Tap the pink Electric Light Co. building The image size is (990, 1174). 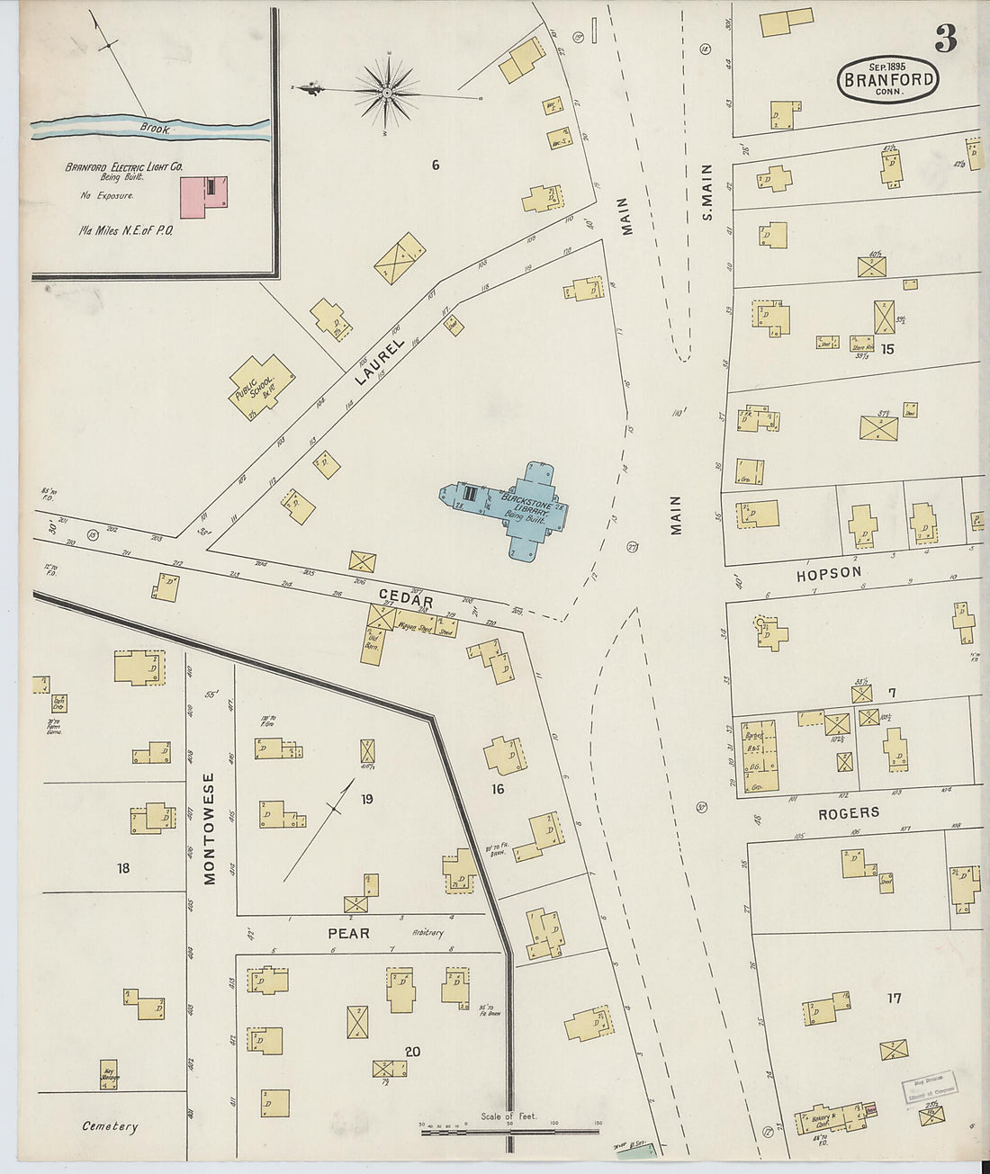coord(203,196)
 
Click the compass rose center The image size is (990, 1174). coord(387,91)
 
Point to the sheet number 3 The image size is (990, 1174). coord(945,38)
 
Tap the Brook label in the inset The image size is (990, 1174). coord(155,130)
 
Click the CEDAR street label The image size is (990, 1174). coord(405,600)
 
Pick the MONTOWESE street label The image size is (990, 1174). coord(210,829)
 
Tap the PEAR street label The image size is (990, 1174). coord(348,933)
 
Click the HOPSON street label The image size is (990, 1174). coord(828,571)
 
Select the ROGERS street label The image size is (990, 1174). coord(848,812)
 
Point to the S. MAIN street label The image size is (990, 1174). coord(706,192)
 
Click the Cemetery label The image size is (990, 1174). coord(110,1126)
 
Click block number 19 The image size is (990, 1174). coord(367,798)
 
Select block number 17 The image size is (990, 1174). coord(893,998)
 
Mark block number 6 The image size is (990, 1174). coord(435,165)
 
